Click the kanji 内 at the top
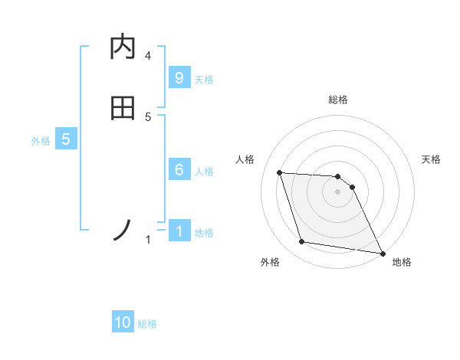(x=123, y=47)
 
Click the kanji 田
(x=123, y=108)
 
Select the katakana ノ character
(x=123, y=230)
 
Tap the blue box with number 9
(x=179, y=77)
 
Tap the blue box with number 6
(x=179, y=170)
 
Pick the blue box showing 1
(x=179, y=231)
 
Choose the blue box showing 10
(x=123, y=322)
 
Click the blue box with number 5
(x=66, y=139)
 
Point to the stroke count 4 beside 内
(x=148, y=56)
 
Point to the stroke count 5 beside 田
(x=148, y=117)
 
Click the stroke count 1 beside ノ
(x=148, y=241)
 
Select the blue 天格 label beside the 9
(x=204, y=79)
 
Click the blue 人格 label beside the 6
(x=204, y=172)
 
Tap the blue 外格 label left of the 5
(x=41, y=141)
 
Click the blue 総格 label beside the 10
(x=147, y=324)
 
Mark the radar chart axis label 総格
(x=338, y=100)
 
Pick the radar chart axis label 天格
(x=432, y=159)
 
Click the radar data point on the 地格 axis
(x=382, y=252)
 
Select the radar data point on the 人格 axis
(x=280, y=172)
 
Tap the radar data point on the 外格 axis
(x=302, y=242)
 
